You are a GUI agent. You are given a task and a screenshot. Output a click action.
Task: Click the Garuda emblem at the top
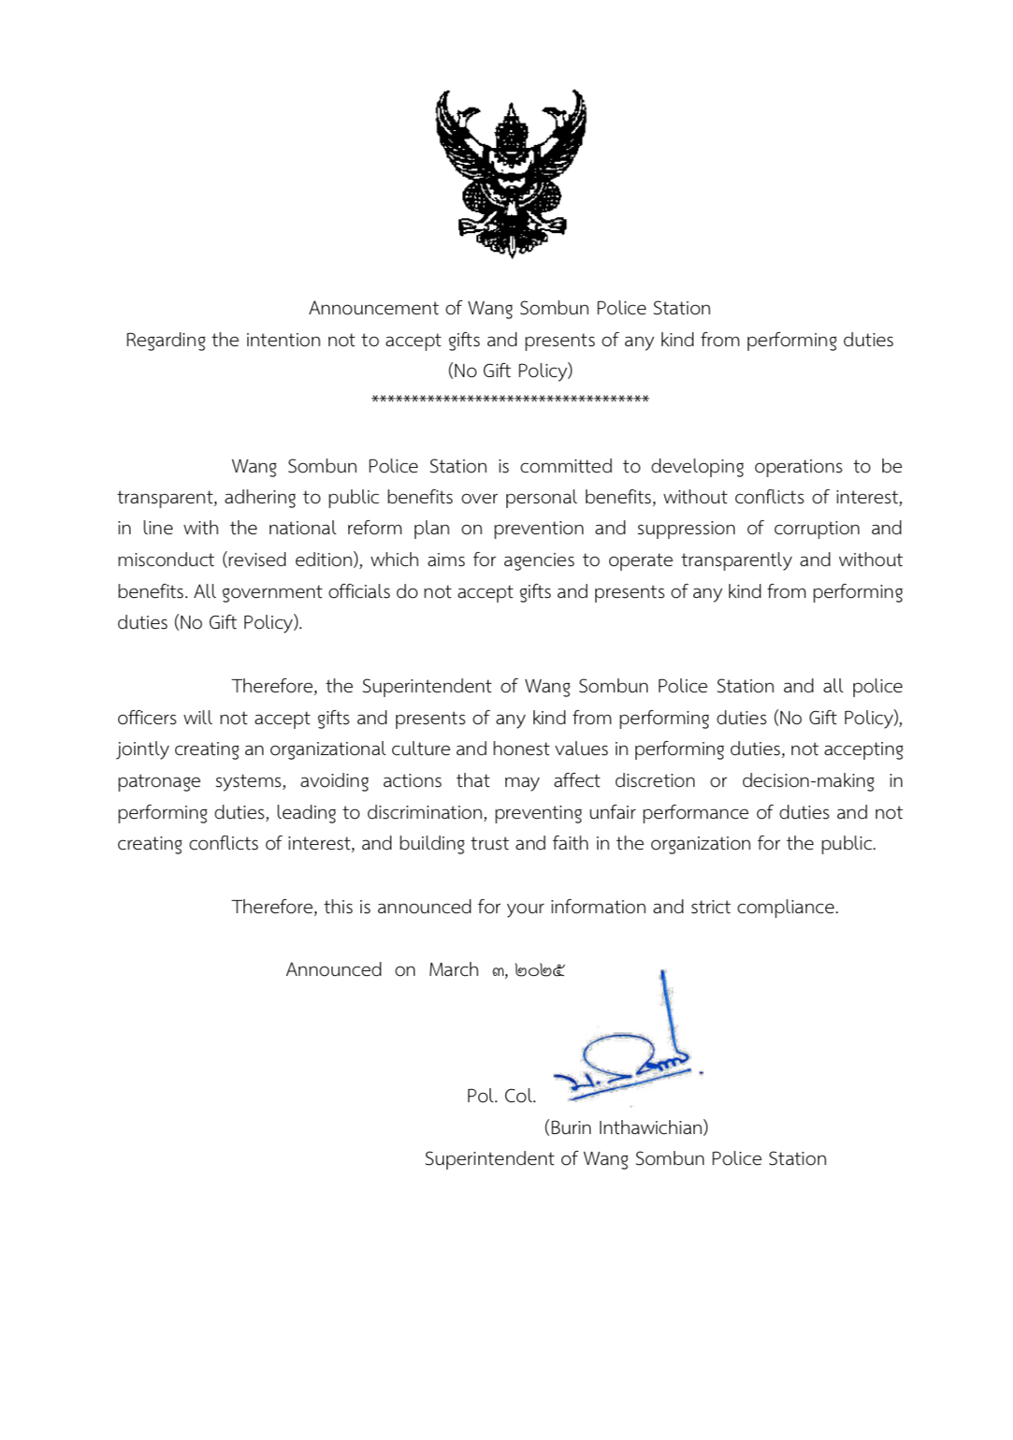coord(511,172)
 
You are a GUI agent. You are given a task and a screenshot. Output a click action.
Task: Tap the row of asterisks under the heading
coord(510,400)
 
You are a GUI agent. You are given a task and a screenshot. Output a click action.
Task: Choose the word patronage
coord(158,781)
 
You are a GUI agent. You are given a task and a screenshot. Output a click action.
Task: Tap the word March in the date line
coord(454,969)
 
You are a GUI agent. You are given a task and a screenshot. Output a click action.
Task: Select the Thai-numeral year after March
coord(540,970)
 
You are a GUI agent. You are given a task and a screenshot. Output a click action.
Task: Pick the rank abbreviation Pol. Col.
coord(501,1096)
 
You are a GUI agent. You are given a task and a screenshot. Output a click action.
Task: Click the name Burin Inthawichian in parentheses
coord(626,1127)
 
